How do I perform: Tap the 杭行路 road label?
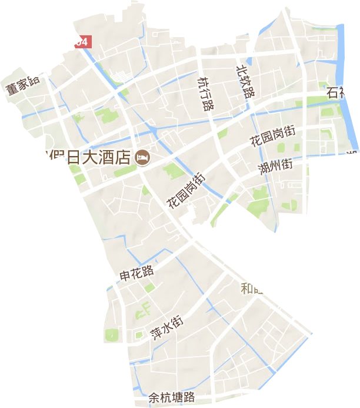(205, 94)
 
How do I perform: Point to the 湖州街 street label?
(275, 167)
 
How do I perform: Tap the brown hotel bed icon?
(142, 157)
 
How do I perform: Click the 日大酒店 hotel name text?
(91, 157)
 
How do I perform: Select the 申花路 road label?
(136, 272)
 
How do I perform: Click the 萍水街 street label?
(166, 329)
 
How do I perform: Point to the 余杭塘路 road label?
(171, 399)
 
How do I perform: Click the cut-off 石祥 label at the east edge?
(337, 92)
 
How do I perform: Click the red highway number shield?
(83, 42)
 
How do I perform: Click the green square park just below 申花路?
(150, 287)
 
